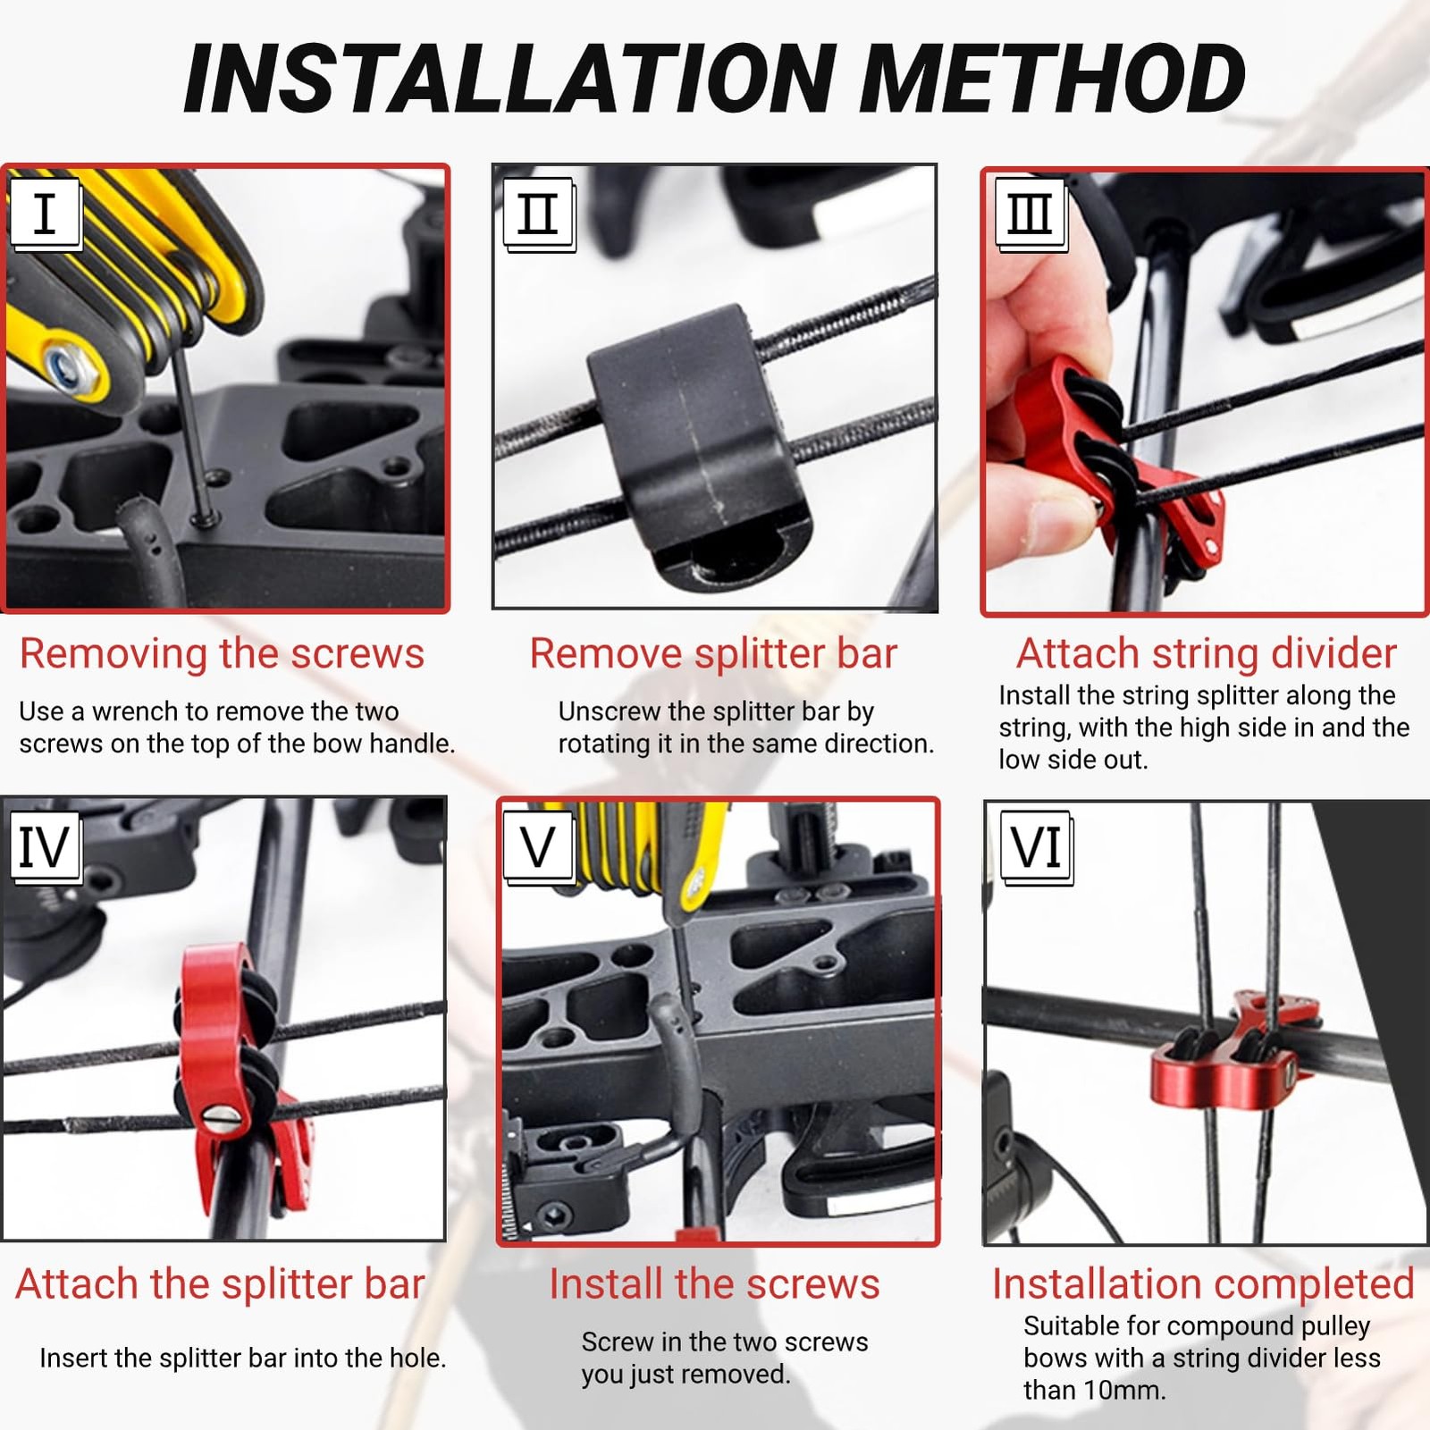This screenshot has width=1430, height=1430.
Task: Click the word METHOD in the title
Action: (1056, 78)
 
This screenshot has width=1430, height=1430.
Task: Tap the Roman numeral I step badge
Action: (46, 214)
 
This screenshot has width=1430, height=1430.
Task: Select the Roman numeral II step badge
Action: (538, 214)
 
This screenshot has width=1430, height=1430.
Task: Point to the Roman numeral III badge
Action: (1030, 214)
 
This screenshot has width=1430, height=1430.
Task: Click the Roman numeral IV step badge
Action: (46, 846)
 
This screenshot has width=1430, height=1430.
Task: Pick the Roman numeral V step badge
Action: (538, 846)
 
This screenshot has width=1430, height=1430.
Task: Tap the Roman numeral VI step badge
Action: (1037, 846)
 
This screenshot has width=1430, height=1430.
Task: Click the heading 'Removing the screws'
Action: (222, 654)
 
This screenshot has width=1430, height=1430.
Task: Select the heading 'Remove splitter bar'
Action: (713, 654)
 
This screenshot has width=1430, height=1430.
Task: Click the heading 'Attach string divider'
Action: (1206, 654)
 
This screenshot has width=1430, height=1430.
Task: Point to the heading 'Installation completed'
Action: (1203, 1285)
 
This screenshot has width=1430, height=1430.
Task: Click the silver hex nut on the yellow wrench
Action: (67, 367)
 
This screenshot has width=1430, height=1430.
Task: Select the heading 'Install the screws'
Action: (714, 1285)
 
